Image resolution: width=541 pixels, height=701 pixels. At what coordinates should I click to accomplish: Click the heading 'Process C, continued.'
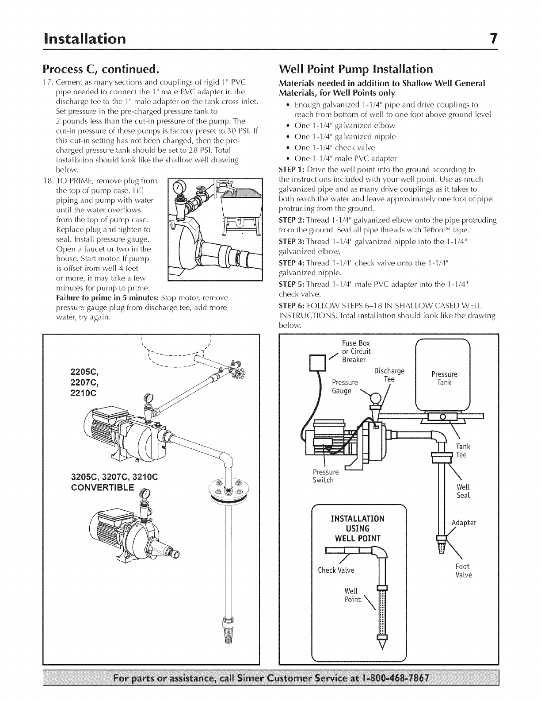coord(100,70)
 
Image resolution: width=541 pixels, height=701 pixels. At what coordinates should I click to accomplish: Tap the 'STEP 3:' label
coord(292,242)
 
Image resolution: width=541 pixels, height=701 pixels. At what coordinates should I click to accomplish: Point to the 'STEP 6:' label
coord(292,306)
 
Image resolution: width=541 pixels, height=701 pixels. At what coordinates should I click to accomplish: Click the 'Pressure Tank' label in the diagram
coord(444,378)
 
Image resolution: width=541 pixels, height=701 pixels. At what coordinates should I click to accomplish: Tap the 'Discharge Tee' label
coord(389,375)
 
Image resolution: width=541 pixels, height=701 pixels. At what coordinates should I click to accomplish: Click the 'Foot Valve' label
coord(463,571)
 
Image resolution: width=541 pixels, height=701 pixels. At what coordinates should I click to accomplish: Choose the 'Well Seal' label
coord(463,491)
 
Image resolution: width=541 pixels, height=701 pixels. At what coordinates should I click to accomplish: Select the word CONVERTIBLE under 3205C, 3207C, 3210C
coord(104,488)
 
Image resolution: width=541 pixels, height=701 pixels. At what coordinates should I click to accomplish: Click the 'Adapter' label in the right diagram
coord(464,523)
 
